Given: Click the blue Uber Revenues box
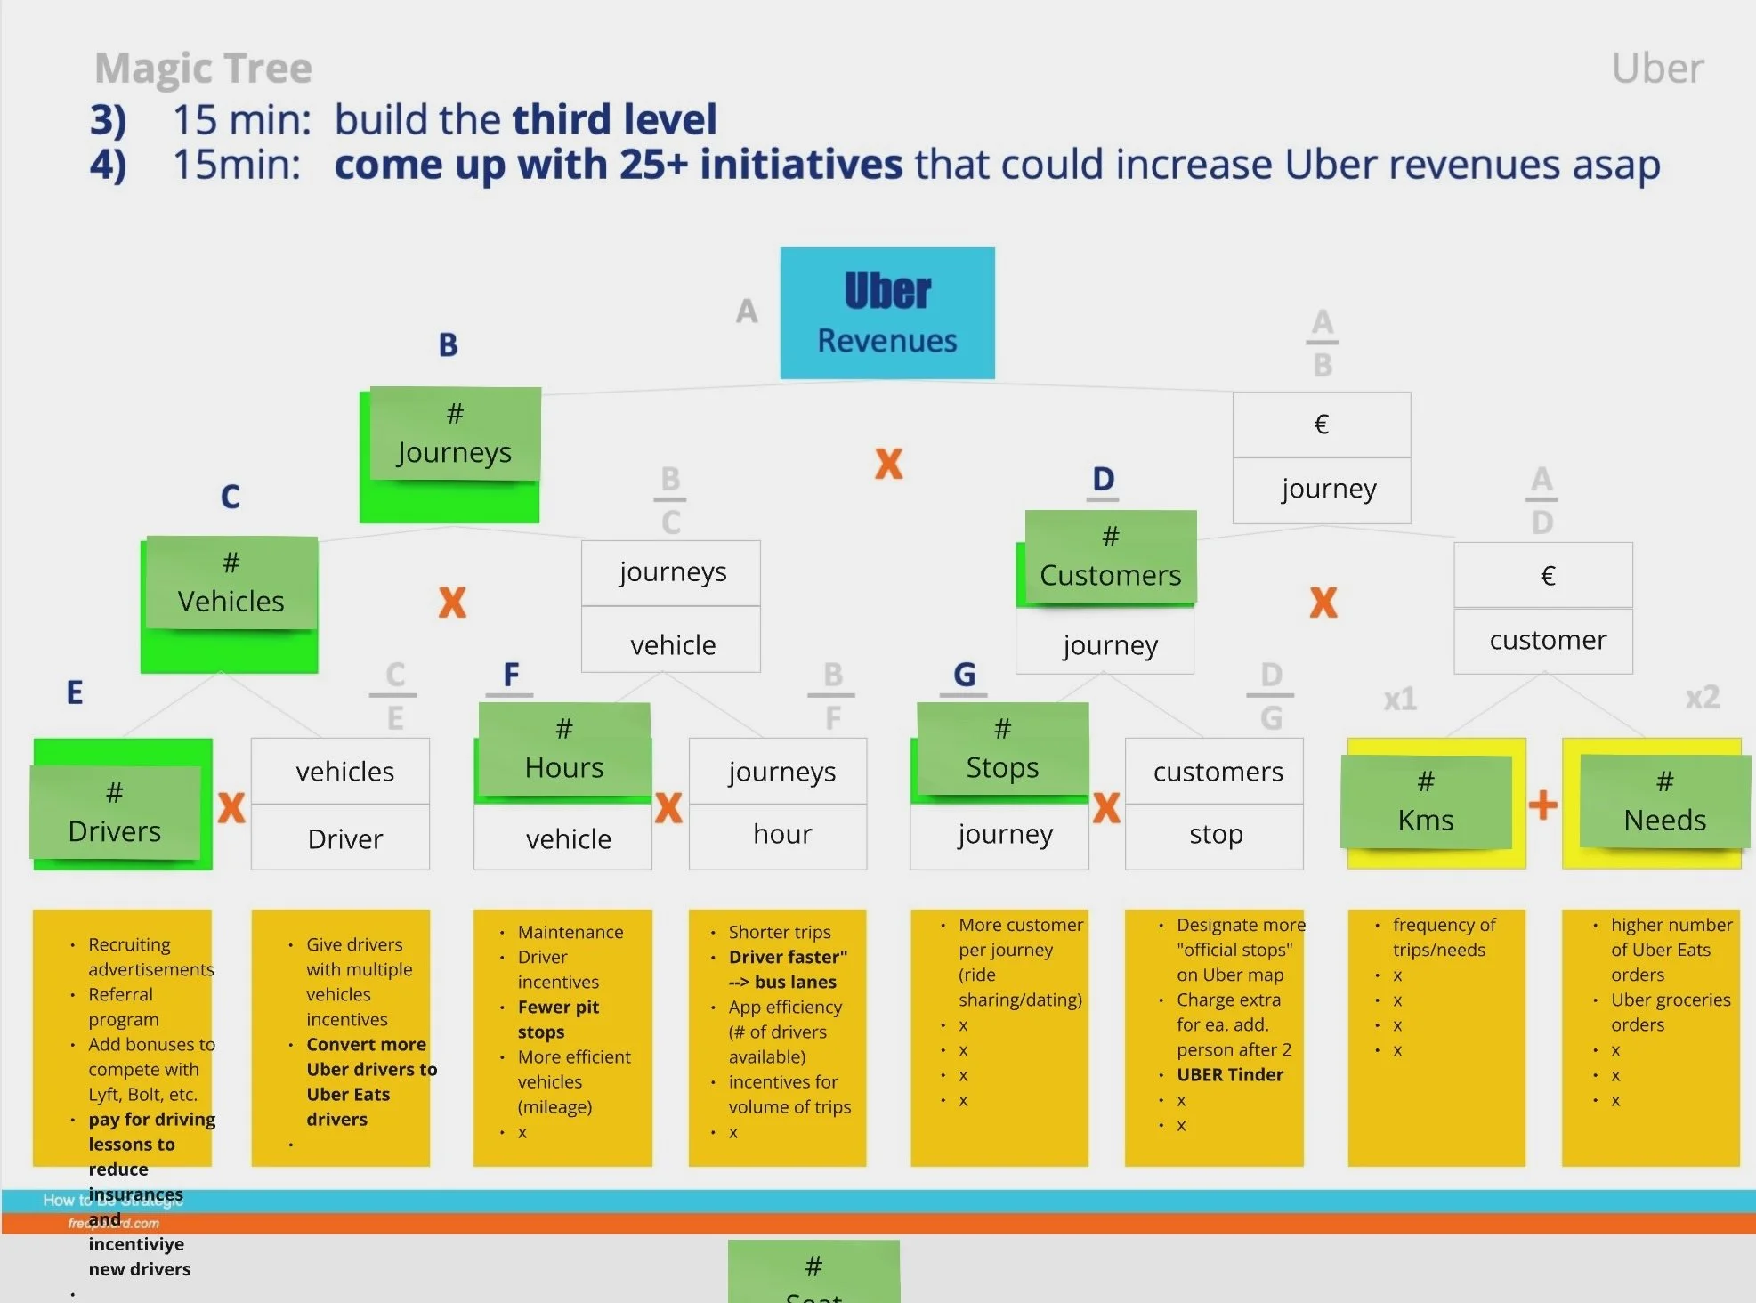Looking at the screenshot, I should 887,313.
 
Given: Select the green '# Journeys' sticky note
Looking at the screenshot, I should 455,434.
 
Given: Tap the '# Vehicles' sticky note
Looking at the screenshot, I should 231,584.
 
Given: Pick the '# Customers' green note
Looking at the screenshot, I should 1110,557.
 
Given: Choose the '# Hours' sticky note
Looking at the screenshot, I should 564,749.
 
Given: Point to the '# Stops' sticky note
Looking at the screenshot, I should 1002,749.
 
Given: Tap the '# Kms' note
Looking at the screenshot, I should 1426,802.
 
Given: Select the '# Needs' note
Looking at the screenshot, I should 1664,802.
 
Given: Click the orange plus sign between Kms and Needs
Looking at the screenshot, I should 1543,805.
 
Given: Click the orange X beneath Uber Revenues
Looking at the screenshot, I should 888,464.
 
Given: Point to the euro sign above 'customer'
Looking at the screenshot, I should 1548,576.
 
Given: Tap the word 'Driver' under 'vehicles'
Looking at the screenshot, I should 344,839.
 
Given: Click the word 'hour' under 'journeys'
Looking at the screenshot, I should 782,835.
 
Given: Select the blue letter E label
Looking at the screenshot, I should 75,692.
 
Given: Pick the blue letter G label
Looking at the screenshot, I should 965,675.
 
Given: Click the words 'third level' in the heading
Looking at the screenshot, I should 614,119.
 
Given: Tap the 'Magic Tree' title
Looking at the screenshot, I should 203,69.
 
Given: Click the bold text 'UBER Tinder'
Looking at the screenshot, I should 1229,1075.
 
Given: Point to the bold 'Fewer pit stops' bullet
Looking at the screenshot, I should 558,1020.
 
